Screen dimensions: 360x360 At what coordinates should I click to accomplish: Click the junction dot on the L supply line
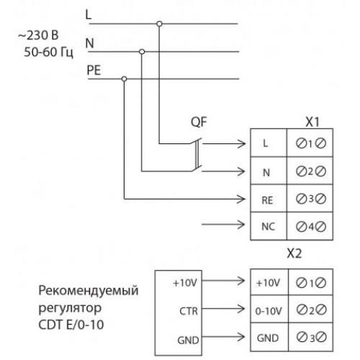(159, 24)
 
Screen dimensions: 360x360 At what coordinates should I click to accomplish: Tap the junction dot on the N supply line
(142, 52)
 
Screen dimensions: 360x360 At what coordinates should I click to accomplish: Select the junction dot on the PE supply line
(124, 78)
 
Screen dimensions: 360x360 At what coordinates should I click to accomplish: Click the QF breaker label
(199, 122)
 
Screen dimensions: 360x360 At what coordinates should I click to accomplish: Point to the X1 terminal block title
(312, 122)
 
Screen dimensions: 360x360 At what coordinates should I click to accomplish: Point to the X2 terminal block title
(294, 253)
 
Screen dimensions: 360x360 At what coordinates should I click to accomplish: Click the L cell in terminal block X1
(269, 143)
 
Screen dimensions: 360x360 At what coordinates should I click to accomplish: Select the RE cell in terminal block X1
(269, 198)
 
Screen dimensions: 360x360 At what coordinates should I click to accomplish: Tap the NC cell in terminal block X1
(269, 226)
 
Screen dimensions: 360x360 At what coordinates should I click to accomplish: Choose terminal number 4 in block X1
(311, 226)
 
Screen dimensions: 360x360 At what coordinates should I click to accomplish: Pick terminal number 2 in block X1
(311, 171)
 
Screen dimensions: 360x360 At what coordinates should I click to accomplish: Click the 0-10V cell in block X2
(269, 309)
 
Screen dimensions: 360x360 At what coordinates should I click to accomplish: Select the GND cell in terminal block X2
(269, 337)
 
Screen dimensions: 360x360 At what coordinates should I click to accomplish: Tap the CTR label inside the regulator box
(189, 311)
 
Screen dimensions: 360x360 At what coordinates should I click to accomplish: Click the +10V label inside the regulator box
(185, 283)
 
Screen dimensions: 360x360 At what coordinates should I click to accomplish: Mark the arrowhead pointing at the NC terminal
(241, 225)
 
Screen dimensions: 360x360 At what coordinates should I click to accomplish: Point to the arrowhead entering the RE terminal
(241, 199)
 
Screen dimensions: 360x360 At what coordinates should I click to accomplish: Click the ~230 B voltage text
(38, 35)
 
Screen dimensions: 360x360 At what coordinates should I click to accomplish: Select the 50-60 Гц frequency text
(48, 52)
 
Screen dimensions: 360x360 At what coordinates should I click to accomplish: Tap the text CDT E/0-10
(71, 325)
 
